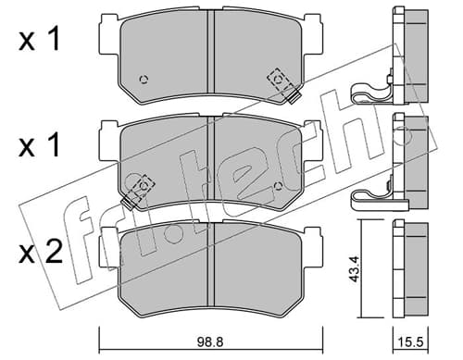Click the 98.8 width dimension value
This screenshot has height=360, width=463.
tap(210, 341)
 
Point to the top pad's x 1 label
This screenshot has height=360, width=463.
tap(39, 40)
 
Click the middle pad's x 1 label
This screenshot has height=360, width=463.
tap(39, 146)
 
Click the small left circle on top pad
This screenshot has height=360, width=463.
tap(144, 80)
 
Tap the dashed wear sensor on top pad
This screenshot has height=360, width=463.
tap(283, 85)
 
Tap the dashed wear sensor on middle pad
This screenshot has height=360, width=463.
tap(138, 191)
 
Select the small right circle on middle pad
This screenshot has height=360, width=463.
tap(279, 186)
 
